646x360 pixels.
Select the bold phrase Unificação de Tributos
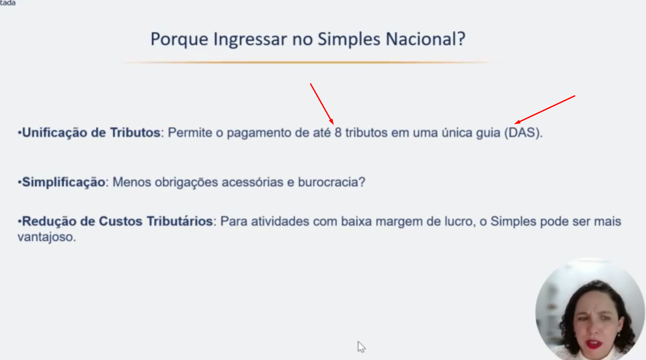tap(91, 133)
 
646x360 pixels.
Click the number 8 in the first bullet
tap(338, 133)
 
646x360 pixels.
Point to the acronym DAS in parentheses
tap(522, 133)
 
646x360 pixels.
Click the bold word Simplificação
tap(64, 183)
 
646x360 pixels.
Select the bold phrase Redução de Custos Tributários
tap(117, 221)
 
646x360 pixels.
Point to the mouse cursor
tap(361, 347)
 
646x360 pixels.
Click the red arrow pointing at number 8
tap(322, 104)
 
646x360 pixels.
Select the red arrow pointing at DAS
tap(545, 110)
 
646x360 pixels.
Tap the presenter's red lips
tap(594, 344)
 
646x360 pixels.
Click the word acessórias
tap(253, 182)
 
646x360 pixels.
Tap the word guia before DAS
tap(488, 133)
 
